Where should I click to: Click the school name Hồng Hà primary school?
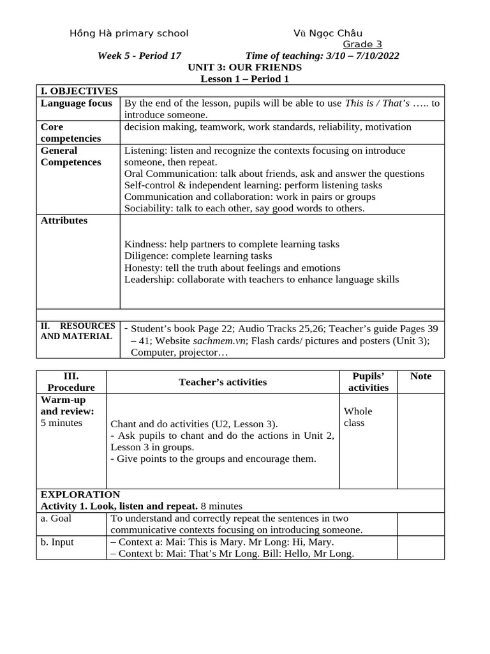point(129,33)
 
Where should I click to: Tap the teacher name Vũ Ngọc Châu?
point(328,33)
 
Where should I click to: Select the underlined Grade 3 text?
point(362,44)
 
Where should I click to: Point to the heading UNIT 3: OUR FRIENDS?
point(244,67)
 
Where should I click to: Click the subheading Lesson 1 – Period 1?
point(244,79)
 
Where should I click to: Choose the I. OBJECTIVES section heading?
point(79,91)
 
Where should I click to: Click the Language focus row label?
point(76,103)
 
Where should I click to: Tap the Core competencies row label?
point(70,132)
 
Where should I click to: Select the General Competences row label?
point(70,156)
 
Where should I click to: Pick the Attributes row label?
point(64,220)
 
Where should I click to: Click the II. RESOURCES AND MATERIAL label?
point(77,331)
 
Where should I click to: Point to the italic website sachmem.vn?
point(220,340)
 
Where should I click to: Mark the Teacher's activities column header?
point(223,382)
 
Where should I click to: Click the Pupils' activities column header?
point(368,381)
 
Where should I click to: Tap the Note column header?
point(420,376)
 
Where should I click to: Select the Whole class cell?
point(358,417)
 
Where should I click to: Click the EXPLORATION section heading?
point(80,494)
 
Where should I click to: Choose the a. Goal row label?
point(56,518)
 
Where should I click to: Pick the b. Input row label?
point(57,542)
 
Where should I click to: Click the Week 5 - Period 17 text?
point(139,56)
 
